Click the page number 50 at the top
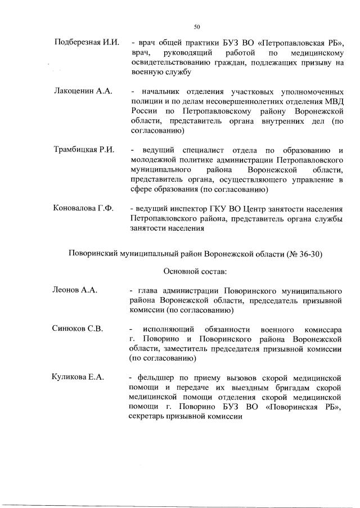pyautogui.click(x=197, y=26)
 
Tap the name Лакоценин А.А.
pyautogui.click(x=83, y=91)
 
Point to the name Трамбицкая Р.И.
pyautogui.click(x=84, y=150)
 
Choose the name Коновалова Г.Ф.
pyautogui.click(x=83, y=209)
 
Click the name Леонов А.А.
pyautogui.click(x=75, y=290)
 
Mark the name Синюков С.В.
pyautogui.click(x=78, y=329)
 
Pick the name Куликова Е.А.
pyautogui.click(x=78, y=377)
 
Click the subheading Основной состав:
pyautogui.click(x=195, y=272)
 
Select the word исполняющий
pyautogui.click(x=169, y=329)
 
